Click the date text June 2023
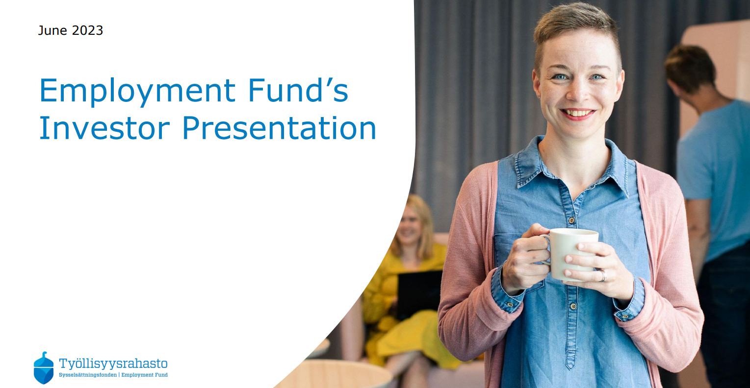click(x=70, y=31)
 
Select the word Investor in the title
click(x=104, y=128)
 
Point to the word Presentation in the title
click(x=279, y=128)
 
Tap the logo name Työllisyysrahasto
click(x=113, y=364)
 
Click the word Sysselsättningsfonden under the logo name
click(x=88, y=375)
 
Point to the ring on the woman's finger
click(x=603, y=276)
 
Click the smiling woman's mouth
click(x=577, y=114)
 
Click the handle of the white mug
click(x=545, y=249)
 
